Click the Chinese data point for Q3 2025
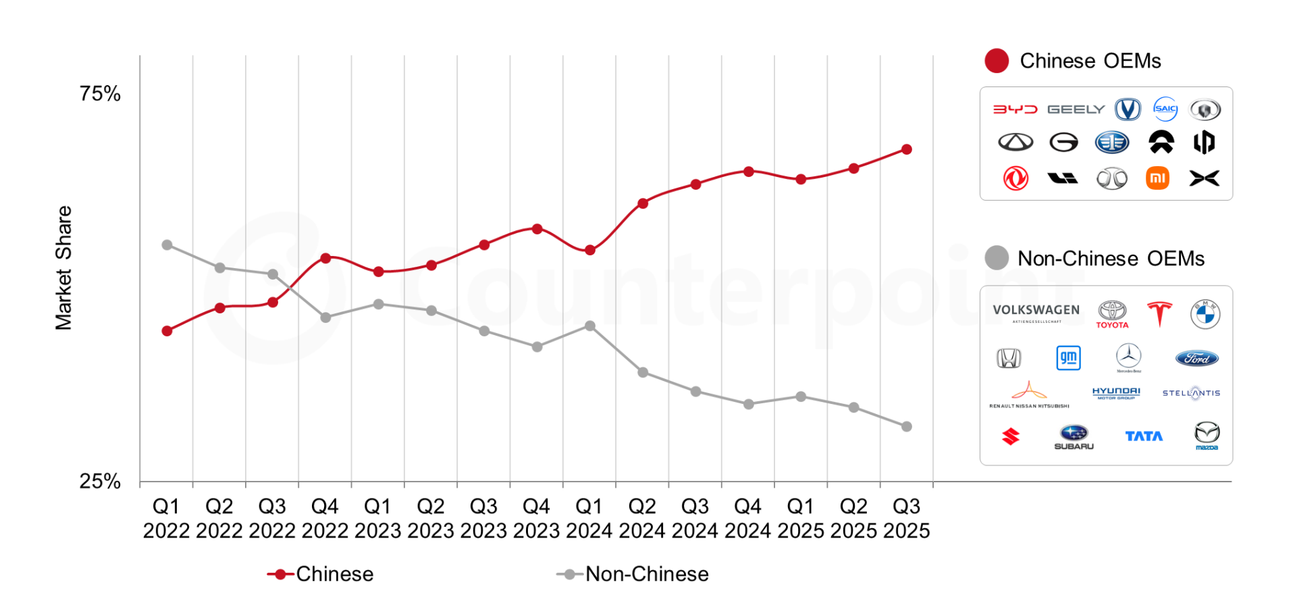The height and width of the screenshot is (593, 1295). point(906,149)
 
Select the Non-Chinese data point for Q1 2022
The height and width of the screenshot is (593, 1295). point(167,244)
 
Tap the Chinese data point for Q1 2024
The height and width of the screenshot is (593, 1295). point(589,250)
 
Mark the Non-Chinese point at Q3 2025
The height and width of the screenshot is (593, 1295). point(906,426)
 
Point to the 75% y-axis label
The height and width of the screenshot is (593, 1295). point(100,93)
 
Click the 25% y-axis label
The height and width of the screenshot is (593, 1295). point(100,481)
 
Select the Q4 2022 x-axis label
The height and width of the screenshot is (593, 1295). point(325,518)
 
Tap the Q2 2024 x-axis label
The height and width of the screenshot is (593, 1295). point(642,518)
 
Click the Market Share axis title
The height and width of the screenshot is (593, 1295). point(63,267)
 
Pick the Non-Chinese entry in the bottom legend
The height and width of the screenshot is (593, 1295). point(633,573)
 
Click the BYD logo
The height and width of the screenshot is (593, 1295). point(1015,109)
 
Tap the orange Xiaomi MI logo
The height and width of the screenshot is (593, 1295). point(1157,178)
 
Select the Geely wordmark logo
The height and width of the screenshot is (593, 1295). point(1076,109)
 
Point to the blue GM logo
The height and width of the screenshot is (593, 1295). point(1068,357)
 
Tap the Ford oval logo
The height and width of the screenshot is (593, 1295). point(1196,358)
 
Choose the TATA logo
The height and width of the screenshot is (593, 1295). point(1144,436)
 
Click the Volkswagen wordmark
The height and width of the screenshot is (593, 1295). point(1036,310)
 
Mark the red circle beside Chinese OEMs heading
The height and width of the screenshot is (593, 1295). point(997,61)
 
